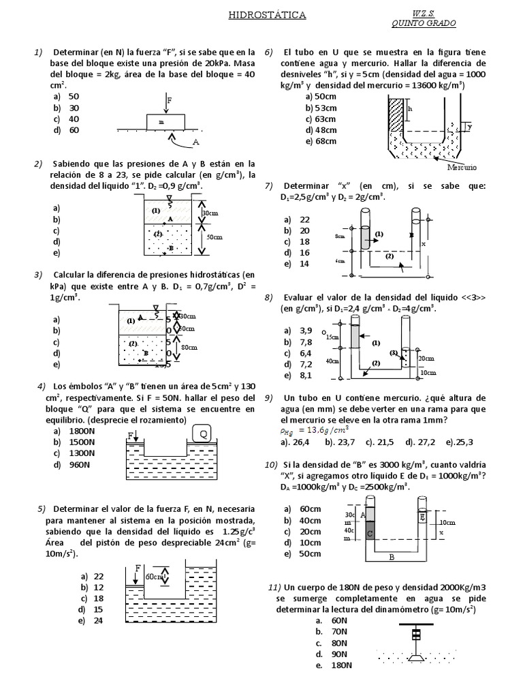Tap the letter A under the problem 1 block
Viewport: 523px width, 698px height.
point(196,142)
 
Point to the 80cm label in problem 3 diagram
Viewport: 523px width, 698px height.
point(189,348)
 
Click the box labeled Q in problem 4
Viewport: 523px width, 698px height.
point(203,434)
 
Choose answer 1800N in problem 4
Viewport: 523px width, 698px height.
point(81,431)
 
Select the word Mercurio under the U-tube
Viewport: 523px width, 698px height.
point(462,167)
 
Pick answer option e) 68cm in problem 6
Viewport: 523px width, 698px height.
point(321,141)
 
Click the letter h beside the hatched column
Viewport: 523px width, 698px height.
point(410,108)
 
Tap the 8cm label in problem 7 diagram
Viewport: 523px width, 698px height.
point(340,236)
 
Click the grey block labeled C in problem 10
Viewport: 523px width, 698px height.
point(370,532)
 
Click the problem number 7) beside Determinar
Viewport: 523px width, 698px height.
point(268,185)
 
